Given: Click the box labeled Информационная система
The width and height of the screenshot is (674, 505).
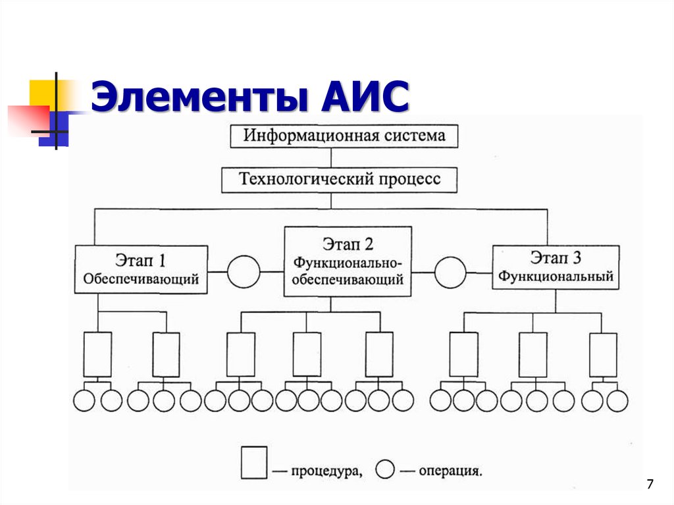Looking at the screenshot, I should coord(344,136).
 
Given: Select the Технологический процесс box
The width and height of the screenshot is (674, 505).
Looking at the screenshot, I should coord(339,179).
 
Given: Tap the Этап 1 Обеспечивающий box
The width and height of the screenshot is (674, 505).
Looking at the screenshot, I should coord(141,269).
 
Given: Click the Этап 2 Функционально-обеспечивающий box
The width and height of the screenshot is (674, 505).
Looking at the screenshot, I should coord(348,261).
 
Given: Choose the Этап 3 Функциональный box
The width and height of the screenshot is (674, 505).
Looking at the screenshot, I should coord(556,267).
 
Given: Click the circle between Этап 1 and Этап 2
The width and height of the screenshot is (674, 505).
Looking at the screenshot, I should coord(244,271).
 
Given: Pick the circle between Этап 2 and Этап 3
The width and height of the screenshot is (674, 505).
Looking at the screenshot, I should coord(451,271).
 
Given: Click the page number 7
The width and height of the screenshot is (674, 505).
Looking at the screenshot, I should coord(650,485).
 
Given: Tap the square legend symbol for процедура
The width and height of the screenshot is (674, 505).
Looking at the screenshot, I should coord(254,462).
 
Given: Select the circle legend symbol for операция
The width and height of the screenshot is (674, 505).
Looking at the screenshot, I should coord(385,469).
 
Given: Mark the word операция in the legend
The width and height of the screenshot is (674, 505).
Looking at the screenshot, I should coord(451,471).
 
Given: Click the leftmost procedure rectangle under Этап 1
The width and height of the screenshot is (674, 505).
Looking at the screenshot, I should coord(97,354).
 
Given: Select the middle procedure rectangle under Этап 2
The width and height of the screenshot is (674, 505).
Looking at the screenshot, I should coord(307,354).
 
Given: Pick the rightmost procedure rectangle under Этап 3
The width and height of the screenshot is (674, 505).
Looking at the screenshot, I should coord(603,354).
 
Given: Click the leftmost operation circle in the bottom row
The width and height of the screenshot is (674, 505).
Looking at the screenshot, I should coord(84,400).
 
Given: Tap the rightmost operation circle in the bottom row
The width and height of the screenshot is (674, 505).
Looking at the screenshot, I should coord(617,400).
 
